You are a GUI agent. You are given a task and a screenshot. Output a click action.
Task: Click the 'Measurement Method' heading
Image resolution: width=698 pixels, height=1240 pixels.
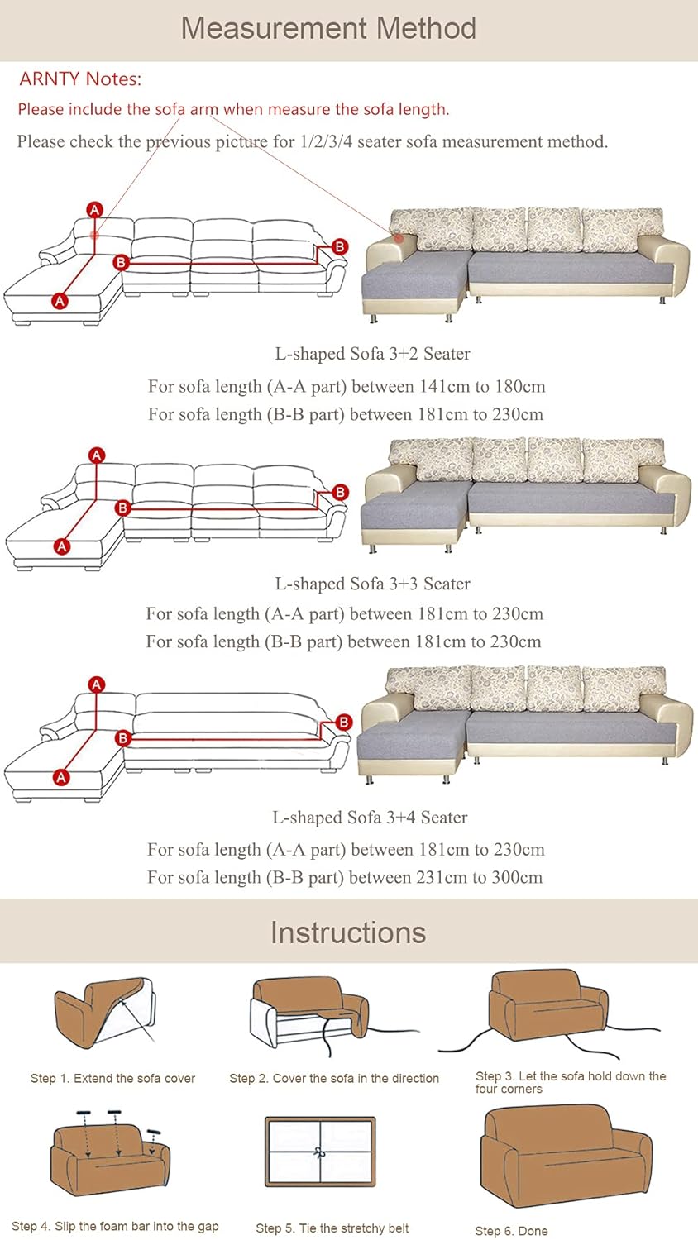point(328,28)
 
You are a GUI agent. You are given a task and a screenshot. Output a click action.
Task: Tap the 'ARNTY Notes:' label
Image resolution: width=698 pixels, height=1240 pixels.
point(80,79)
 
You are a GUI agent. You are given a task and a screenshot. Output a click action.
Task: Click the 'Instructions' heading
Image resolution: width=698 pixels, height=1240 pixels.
point(348,932)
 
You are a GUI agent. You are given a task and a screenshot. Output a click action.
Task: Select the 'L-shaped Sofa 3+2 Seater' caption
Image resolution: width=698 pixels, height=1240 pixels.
point(372,354)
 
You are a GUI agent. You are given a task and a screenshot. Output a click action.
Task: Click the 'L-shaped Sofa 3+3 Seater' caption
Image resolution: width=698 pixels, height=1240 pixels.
point(372,584)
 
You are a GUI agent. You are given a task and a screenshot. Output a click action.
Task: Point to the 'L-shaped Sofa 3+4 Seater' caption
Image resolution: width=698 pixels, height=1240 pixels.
point(370,817)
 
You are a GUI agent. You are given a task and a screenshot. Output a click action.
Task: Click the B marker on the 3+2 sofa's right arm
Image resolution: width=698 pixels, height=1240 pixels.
point(340,247)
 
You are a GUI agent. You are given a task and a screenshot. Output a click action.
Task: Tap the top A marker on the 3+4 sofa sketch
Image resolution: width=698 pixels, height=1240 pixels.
point(97,684)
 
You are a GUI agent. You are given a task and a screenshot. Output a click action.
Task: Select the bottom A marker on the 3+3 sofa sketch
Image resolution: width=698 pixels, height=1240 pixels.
point(61,546)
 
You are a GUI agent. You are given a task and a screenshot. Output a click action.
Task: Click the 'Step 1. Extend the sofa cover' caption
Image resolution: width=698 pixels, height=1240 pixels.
point(113,1078)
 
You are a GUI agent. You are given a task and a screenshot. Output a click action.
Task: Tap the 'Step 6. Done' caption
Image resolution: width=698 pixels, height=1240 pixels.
point(511,1231)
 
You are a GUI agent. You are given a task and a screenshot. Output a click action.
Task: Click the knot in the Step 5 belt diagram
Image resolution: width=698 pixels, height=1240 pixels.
point(319,1152)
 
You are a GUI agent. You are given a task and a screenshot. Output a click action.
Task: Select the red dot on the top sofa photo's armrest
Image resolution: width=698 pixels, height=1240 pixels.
point(399,238)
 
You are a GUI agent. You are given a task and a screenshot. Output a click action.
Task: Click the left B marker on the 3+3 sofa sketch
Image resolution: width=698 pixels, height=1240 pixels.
point(122,508)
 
